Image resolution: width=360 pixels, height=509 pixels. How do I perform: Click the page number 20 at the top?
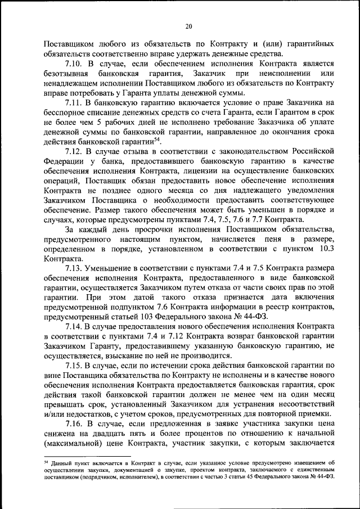coord(188,25)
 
